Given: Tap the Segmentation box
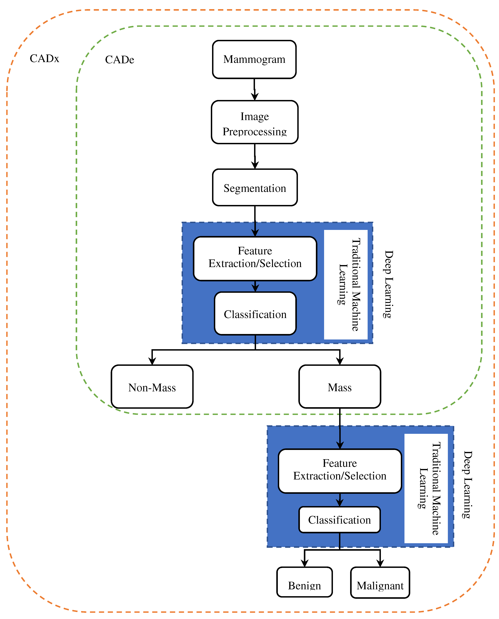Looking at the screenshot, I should click(x=255, y=188).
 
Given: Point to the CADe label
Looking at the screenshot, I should click(x=120, y=60).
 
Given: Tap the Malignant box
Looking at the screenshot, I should click(x=380, y=584).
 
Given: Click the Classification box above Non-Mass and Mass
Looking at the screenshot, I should click(x=255, y=314).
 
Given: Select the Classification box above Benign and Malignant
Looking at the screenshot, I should click(x=339, y=520).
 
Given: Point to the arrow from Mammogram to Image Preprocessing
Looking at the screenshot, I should click(x=254, y=90).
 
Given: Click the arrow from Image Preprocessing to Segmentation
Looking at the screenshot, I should click(x=255, y=157).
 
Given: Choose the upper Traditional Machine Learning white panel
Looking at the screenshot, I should click(x=346, y=285).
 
